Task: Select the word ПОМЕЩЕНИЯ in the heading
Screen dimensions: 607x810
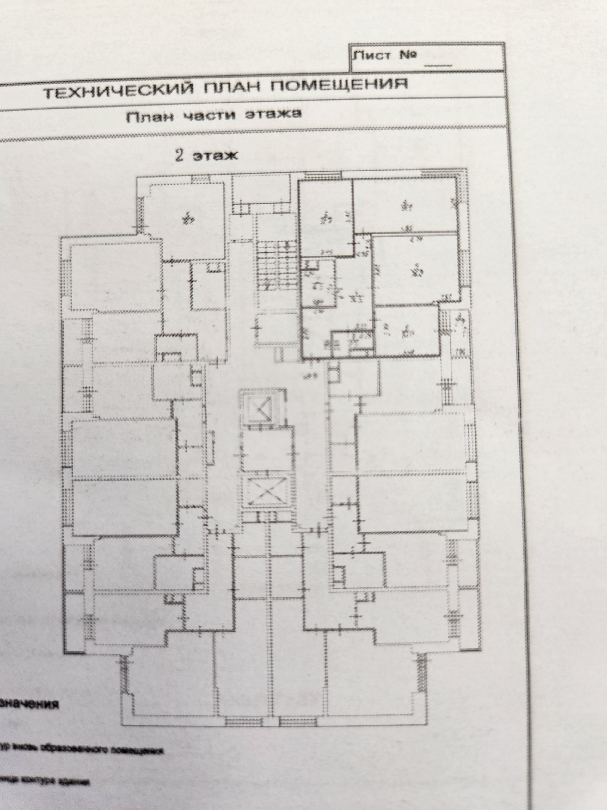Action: coord(341,84)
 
